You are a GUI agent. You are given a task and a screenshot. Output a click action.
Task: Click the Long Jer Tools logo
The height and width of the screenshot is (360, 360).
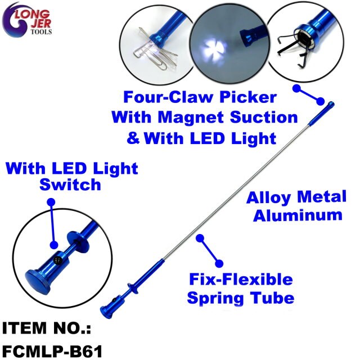[26, 20]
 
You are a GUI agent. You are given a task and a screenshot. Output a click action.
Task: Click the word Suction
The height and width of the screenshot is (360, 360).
[264, 118]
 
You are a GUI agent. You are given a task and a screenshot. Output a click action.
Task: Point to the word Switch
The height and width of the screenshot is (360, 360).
[70, 185]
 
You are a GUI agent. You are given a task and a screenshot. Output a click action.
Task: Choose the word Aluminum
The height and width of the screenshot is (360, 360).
[298, 215]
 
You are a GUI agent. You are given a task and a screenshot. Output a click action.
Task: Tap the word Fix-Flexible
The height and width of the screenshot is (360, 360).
[241, 280]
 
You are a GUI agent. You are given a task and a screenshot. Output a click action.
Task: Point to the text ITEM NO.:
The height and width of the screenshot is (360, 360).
[47, 327]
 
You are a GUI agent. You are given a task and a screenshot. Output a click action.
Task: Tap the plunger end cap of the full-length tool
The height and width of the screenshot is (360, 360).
[106, 312]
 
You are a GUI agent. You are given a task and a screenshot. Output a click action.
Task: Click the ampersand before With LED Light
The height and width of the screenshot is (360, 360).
[133, 138]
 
